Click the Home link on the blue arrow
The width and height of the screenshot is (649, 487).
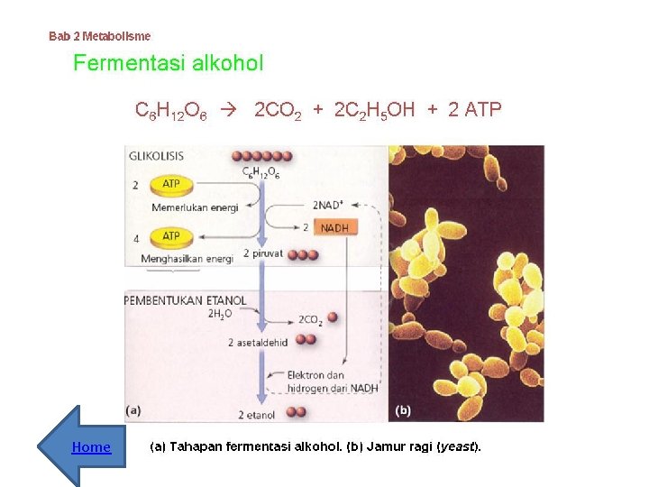91,447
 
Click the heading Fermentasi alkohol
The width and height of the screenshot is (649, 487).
168,63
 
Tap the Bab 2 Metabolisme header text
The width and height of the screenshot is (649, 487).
100,36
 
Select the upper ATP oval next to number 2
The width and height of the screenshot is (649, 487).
170,184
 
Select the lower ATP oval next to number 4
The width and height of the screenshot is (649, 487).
170,236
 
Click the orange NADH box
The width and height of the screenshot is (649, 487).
334,228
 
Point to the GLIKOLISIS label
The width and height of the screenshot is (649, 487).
159,155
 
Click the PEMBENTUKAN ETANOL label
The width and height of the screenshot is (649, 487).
185,300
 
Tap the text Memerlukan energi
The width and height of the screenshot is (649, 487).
195,208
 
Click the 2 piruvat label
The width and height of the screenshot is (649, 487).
263,254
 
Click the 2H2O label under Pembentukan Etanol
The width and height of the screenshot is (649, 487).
220,314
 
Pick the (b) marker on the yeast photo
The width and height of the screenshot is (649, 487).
403,410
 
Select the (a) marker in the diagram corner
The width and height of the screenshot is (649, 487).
133,410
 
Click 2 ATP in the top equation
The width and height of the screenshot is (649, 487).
475,110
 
